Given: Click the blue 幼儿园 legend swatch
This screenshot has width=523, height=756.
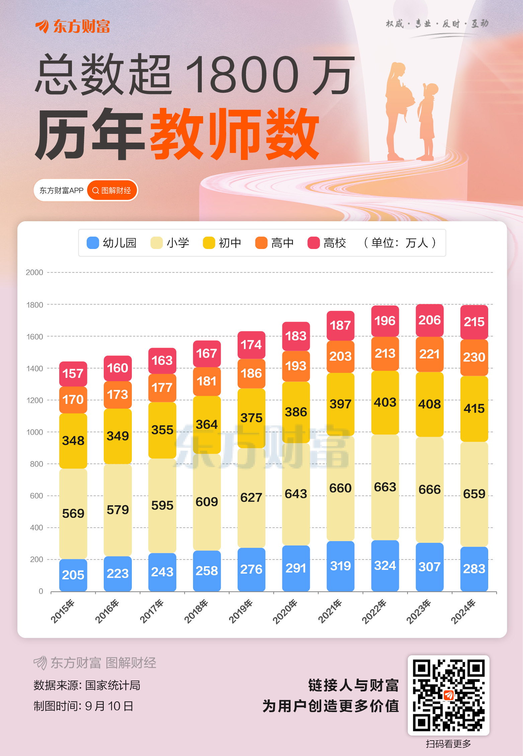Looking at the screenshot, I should coord(93,243).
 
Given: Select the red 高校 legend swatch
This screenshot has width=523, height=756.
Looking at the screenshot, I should coord(313,243).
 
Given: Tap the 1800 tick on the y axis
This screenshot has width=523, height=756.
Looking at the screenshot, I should coord(34,305).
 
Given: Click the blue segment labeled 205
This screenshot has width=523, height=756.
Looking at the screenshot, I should coord(73,575).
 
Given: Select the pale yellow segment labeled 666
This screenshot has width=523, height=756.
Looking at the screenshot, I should coord(429,490).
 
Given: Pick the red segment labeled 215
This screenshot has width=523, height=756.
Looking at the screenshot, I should coord(474,322).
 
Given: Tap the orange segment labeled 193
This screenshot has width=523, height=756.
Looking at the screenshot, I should coord(296,366).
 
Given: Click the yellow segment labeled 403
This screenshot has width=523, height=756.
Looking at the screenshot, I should coord(385,402).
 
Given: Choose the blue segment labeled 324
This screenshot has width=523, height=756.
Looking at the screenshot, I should coord(385,566).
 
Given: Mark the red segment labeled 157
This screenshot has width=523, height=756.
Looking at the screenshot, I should coord(73,373).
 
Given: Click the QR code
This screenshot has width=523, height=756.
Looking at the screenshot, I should coord(448,695).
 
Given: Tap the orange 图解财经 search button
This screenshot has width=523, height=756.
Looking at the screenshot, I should coord(112,190).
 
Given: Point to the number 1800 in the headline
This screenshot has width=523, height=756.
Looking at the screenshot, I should coord(242,74).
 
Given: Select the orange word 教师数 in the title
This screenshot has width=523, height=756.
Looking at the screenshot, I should coord(234,134).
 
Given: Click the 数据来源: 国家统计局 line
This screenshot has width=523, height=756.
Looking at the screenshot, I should coord(87,685).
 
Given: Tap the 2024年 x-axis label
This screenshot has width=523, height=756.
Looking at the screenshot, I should coord(463,611).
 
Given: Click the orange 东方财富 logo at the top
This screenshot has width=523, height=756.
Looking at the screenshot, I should coord(73,26).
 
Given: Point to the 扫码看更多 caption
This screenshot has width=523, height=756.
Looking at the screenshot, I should coord(448,744).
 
